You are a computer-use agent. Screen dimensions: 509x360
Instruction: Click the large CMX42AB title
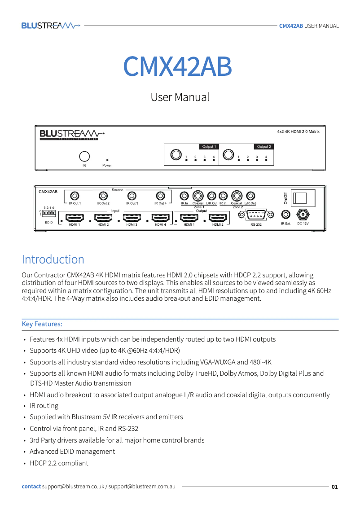click(178, 66)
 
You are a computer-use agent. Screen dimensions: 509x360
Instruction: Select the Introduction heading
click(53, 259)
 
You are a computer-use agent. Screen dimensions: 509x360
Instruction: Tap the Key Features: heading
click(42, 324)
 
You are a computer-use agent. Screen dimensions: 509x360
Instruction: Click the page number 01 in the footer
click(334, 487)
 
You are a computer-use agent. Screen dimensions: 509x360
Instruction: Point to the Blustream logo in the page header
click(51, 26)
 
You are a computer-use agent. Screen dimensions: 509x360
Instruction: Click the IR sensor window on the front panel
click(84, 156)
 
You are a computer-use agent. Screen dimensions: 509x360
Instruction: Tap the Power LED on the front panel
click(107, 159)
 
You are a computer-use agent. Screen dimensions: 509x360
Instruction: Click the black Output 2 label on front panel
click(264, 146)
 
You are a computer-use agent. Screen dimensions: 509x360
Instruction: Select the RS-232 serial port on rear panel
click(256, 215)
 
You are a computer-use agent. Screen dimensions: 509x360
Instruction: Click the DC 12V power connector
click(303, 215)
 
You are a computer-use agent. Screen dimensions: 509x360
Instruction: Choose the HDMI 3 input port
click(132, 218)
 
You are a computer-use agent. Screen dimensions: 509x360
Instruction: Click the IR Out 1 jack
click(75, 196)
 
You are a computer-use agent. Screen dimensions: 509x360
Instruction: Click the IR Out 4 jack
click(160, 196)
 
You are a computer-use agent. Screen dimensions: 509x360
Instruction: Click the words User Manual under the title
click(180, 97)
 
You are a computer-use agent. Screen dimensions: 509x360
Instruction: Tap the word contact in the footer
click(31, 487)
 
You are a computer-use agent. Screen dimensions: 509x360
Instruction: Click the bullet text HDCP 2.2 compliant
click(59, 463)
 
